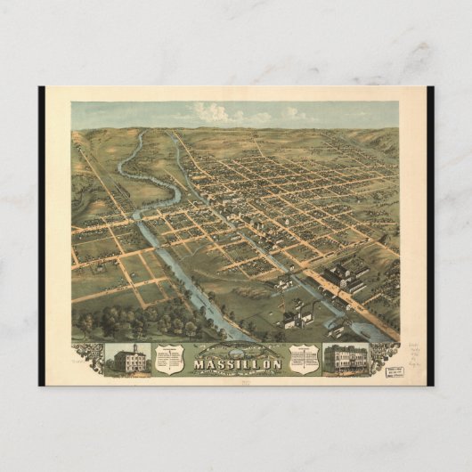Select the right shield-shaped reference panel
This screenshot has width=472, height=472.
[x=304, y=359]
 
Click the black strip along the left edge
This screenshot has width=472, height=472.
[x=42, y=236]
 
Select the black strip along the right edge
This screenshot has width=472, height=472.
[x=430, y=236]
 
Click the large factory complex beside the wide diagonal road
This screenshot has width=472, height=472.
[x=343, y=276]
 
